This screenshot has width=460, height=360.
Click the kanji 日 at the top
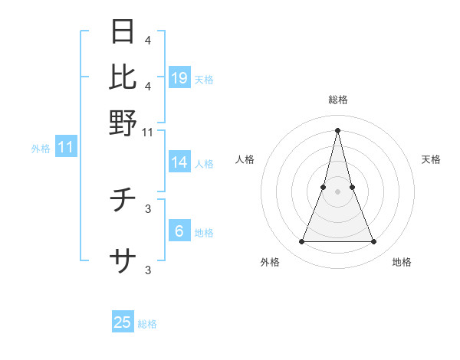pyautogui.click(x=123, y=31)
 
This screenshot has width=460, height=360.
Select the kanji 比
pyautogui.click(x=123, y=77)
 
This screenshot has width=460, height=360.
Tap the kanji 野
pyautogui.click(x=123, y=122)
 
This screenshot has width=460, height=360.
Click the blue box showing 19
pyautogui.click(x=179, y=78)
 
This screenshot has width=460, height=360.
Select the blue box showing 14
pyautogui.click(x=179, y=162)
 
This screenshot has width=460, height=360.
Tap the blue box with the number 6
pyautogui.click(x=179, y=231)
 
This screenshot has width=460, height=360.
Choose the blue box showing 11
pyautogui.click(x=65, y=147)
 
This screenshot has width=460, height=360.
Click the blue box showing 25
pyautogui.click(x=123, y=322)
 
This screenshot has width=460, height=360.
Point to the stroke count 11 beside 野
pyautogui.click(x=148, y=133)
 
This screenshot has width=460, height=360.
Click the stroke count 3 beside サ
pyautogui.click(x=148, y=270)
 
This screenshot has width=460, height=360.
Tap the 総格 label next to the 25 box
pyautogui.click(x=147, y=324)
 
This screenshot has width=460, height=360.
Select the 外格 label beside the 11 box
pyautogui.click(x=41, y=149)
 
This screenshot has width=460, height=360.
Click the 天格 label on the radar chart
pyautogui.click(x=431, y=159)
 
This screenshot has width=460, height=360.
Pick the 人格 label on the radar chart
pyautogui.click(x=245, y=159)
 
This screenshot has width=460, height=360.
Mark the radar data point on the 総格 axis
pyautogui.click(x=337, y=129)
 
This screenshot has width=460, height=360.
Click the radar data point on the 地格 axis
pyautogui.click(x=374, y=242)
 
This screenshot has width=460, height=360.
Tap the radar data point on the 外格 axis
pyautogui.click(x=301, y=242)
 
